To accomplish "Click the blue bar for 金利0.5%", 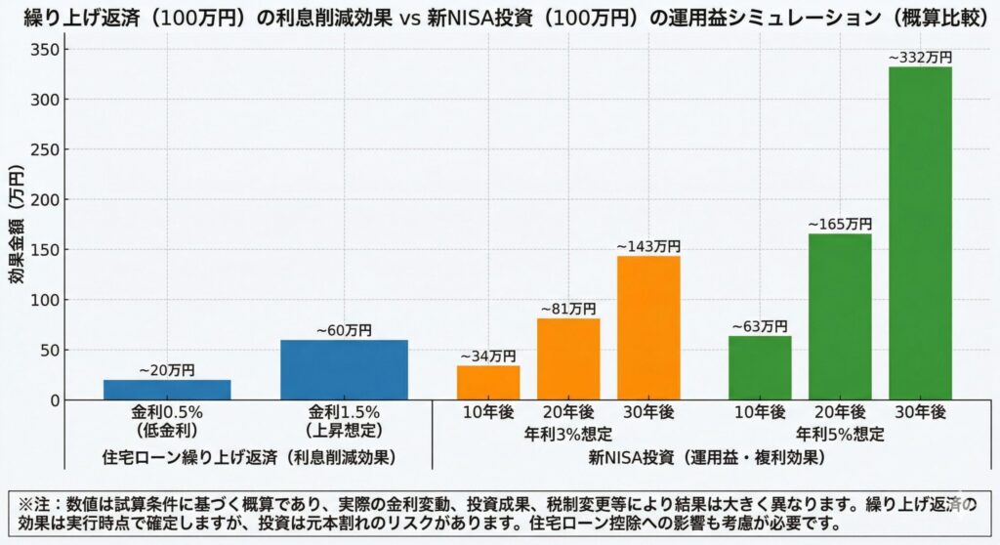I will [167, 389].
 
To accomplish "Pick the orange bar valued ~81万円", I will [568, 358].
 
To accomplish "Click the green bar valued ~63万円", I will [760, 367].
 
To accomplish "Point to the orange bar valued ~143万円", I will [648, 327].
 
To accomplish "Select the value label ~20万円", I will [167, 370].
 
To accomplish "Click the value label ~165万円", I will [840, 225].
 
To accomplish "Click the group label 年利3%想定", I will [568, 434].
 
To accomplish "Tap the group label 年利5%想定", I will [840, 434].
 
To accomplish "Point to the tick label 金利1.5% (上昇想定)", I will [344, 421].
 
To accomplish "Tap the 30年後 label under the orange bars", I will [648, 413].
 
